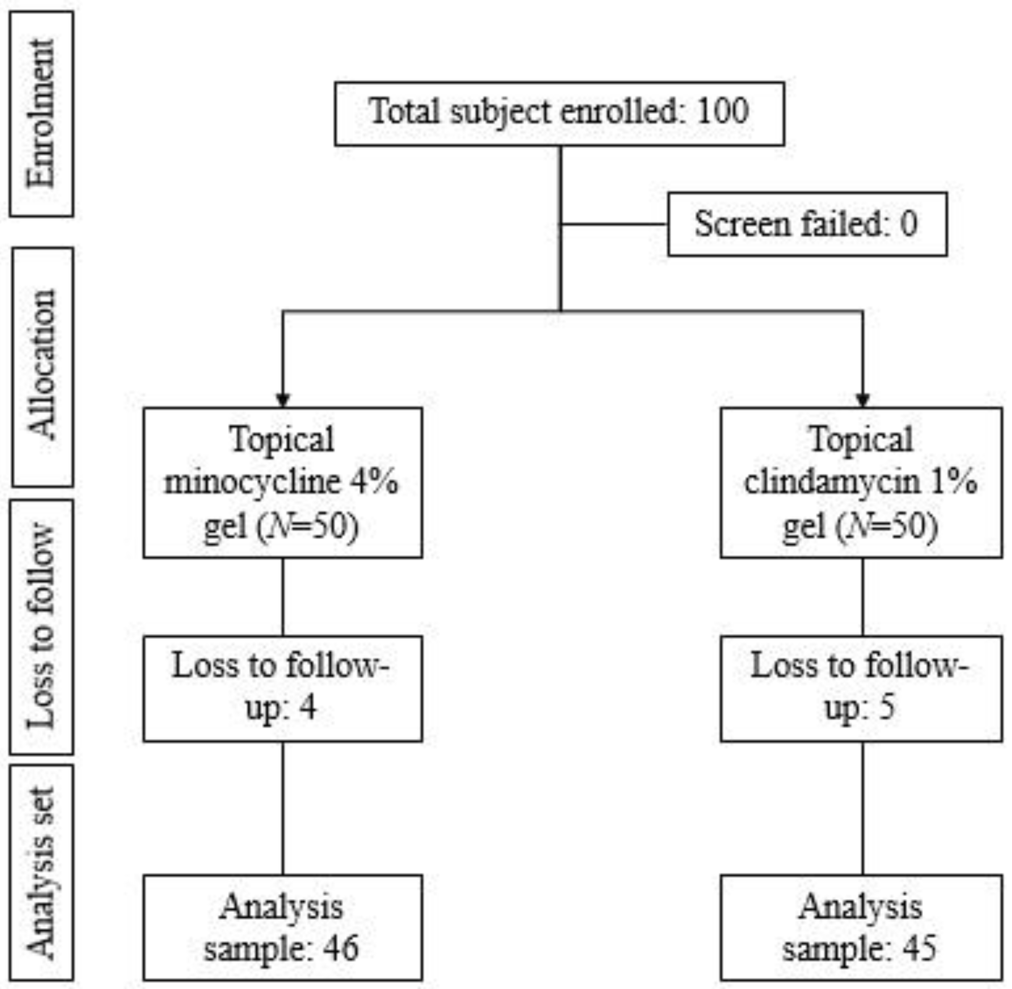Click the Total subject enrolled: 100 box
[559, 113]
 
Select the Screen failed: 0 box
[807, 224]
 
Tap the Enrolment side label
[42, 114]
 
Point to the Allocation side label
[42, 367]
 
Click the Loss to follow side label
[42, 627]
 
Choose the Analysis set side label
[42, 872]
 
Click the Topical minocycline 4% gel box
[282, 483]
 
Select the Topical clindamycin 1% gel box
[861, 483]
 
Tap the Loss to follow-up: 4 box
[282, 688]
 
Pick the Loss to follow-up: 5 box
[861, 688]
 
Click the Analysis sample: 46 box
[282, 928]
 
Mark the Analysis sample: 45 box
[861, 928]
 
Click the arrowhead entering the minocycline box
[282, 400]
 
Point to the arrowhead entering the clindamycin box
[863, 400]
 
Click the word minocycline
[252, 483]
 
